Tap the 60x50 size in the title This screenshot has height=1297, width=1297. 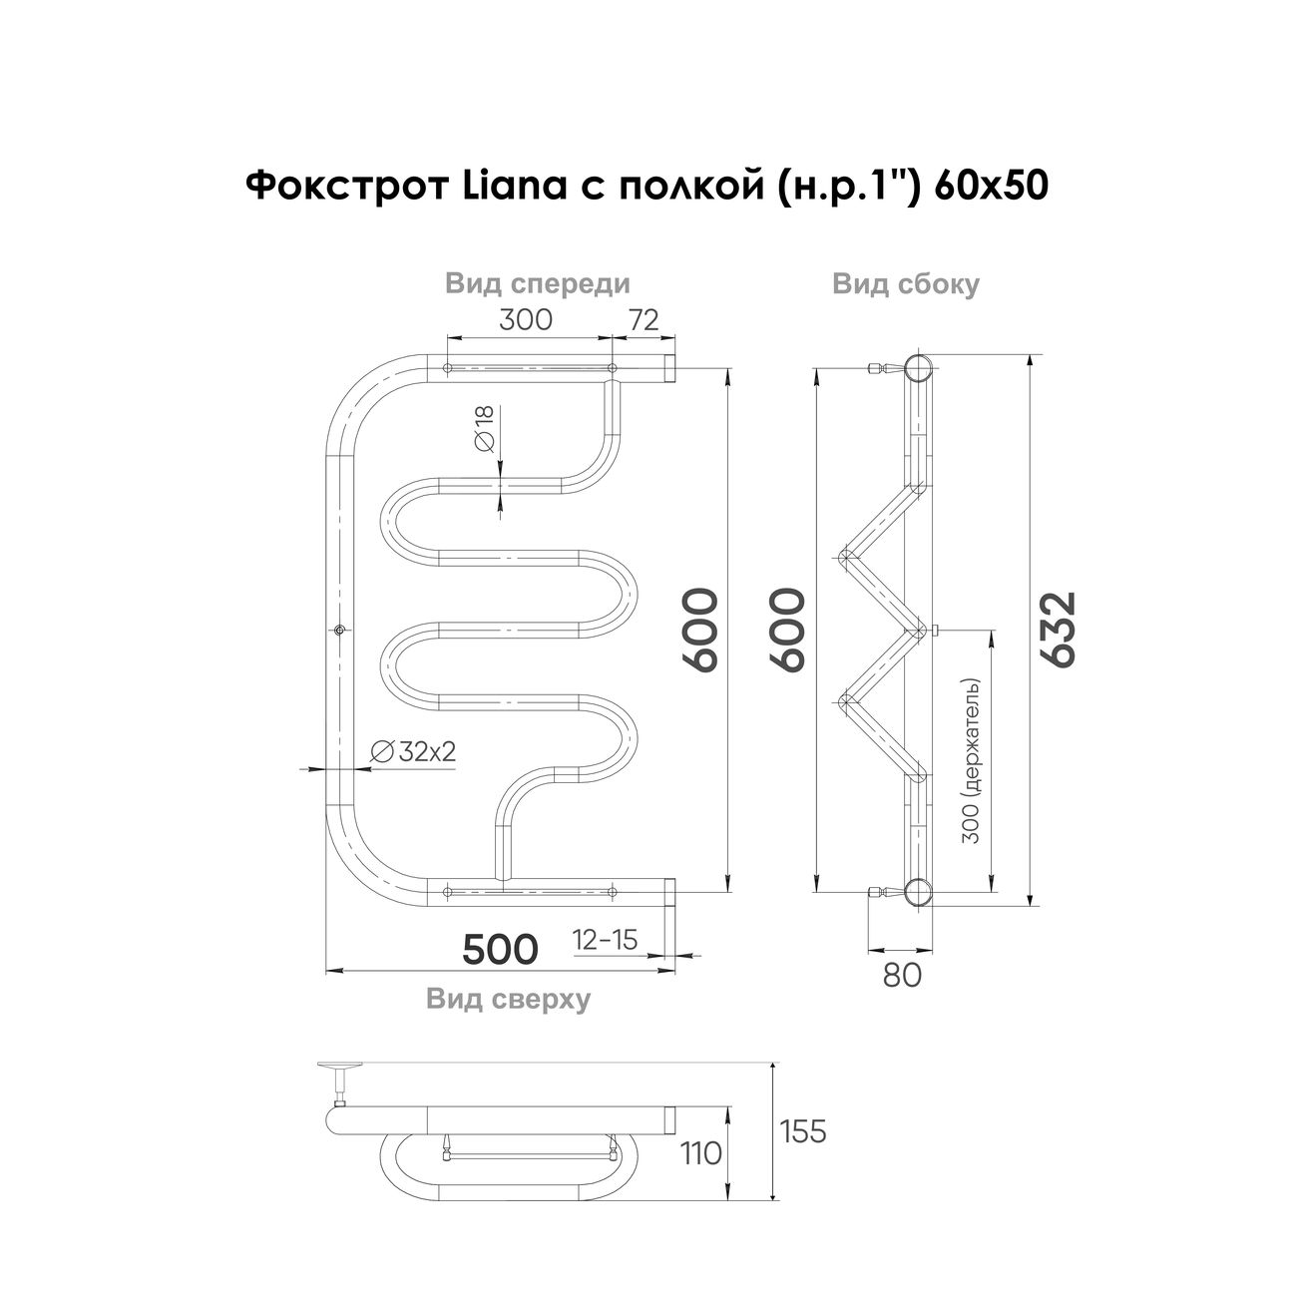click(x=992, y=186)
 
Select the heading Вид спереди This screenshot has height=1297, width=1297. click(x=538, y=284)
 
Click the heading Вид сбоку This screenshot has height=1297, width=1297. click(x=906, y=284)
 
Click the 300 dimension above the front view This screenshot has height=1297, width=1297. click(x=526, y=319)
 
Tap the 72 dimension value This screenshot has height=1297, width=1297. click(x=643, y=319)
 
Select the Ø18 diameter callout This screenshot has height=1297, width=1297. click(x=485, y=429)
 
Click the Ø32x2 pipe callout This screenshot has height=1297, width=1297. click(x=413, y=751)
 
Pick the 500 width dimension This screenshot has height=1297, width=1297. click(x=501, y=949)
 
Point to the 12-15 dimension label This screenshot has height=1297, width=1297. click(x=605, y=940)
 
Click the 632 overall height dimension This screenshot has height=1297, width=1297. click(x=1062, y=630)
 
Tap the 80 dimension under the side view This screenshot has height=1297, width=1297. click(x=901, y=974)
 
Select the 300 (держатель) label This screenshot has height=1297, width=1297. click(x=971, y=761)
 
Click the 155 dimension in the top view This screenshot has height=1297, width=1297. click(x=802, y=1131)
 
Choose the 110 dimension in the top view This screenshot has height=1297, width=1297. click(x=700, y=1154)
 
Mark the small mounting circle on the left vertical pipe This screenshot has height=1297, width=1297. click(x=339, y=630)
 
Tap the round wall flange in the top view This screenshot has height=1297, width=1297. click(x=340, y=1066)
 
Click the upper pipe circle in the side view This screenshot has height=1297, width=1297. click(x=919, y=368)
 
